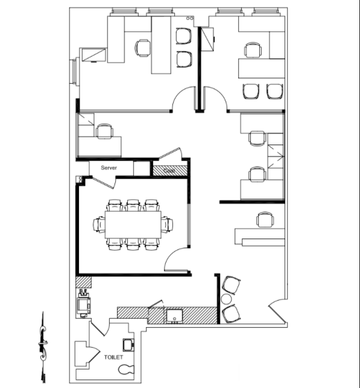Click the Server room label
[109, 167]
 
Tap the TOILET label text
[113, 357]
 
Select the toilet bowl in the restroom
[126, 370]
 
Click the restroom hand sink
[128, 345]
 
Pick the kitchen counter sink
[174, 316]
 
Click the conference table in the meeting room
[133, 225]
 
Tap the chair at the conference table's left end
[99, 225]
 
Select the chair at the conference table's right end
[167, 225]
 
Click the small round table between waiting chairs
[226, 299]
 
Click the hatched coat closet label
[169, 171]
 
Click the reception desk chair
[265, 219]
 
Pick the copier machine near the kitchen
[83, 303]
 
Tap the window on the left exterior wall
[75, 72]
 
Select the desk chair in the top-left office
[143, 48]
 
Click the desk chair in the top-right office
[253, 50]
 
